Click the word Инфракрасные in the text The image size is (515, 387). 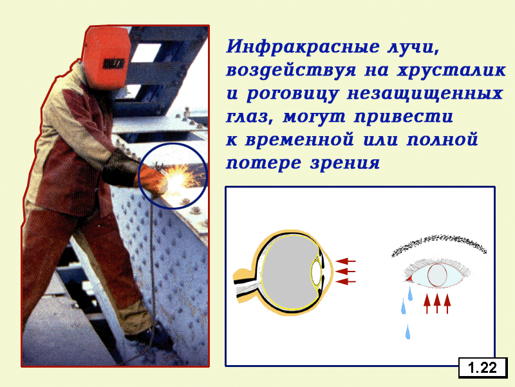tap(302, 46)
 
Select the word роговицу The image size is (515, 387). tap(292, 94)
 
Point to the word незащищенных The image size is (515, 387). tap(425, 93)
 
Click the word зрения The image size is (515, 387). tap(345, 163)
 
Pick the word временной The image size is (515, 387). tap(299, 140)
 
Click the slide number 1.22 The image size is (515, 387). tap(482, 368)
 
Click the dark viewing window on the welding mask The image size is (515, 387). tap(114, 64)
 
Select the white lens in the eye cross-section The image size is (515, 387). tap(316, 272)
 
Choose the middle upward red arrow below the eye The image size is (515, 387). tap(437, 303)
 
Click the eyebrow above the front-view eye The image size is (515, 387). tap(439, 244)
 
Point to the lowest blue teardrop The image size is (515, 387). tap(407, 332)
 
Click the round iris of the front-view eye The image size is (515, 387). tap(437, 275)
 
